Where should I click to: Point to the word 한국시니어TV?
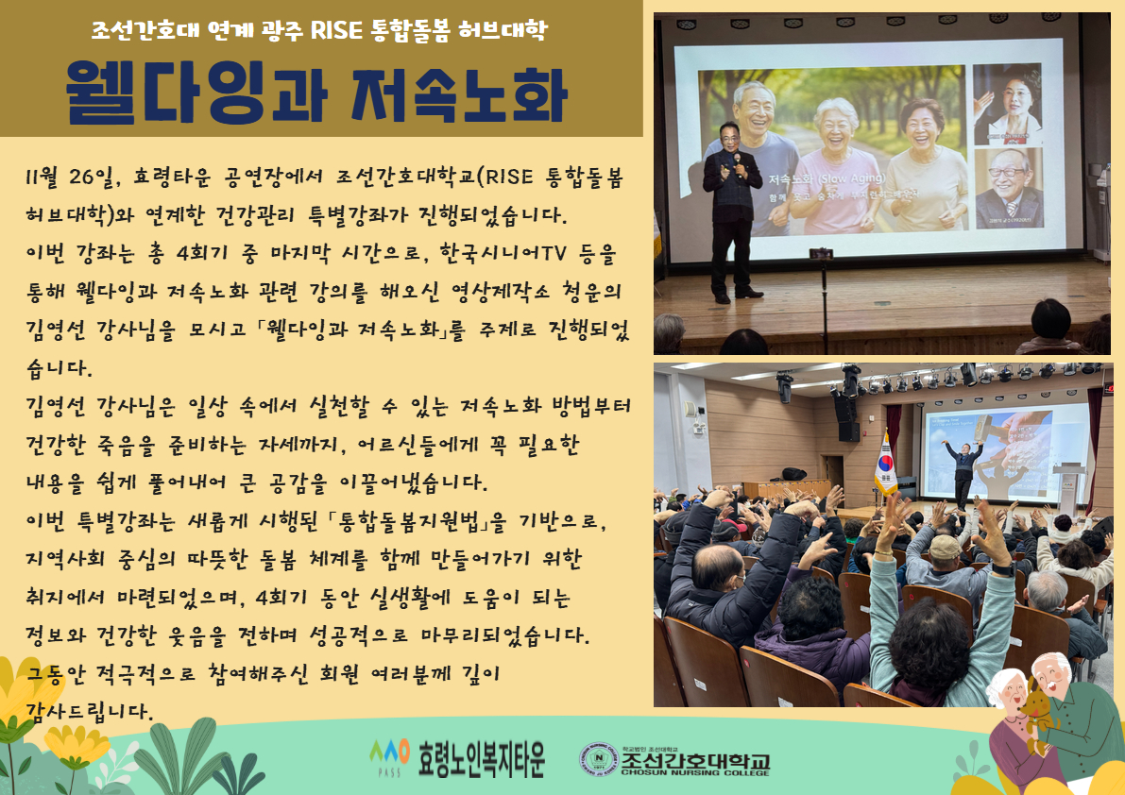(x=535, y=254)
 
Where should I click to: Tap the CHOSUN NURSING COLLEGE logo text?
(x=695, y=772)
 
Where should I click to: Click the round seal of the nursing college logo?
(x=597, y=759)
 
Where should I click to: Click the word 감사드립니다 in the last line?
(x=90, y=708)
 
